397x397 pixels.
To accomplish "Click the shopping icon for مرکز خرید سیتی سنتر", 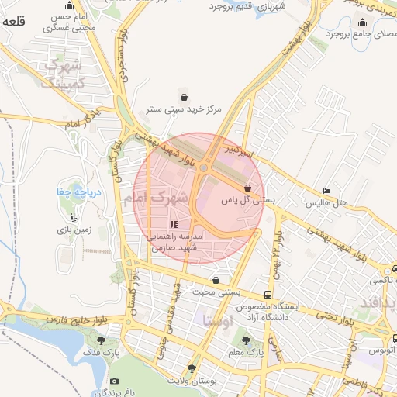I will point(184,98).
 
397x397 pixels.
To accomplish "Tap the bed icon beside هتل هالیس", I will point(326,191).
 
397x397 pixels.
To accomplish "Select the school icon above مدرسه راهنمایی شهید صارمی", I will point(173,224).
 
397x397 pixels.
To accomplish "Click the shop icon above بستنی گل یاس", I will point(247,188).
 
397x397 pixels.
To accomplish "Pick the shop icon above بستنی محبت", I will point(215,281).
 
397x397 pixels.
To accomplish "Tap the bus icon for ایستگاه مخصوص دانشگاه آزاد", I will point(268,295).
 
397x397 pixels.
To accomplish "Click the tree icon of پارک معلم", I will point(246,340).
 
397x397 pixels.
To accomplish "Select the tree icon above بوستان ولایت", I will point(192,368).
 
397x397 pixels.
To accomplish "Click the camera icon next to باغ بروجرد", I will point(115,381).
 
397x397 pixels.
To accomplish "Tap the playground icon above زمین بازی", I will point(74,218).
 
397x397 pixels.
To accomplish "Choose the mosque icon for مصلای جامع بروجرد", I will point(362,22).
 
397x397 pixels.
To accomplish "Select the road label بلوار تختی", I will point(337,318).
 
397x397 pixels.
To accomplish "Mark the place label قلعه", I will point(14,22).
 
